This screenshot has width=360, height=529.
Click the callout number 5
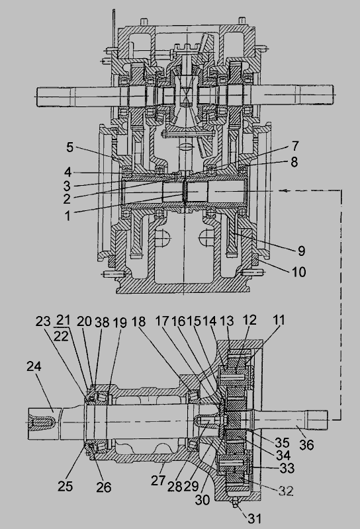(69, 147)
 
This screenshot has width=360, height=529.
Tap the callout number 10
(298, 272)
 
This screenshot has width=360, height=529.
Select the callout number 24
(34, 366)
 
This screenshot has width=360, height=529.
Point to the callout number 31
(255, 518)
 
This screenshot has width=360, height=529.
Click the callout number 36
(306, 444)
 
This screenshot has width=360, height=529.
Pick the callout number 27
(158, 480)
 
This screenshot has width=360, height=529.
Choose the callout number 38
(102, 323)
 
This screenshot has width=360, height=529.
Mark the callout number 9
(302, 251)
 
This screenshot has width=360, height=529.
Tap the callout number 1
(68, 216)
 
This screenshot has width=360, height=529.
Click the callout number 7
(295, 146)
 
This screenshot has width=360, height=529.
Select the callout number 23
(43, 321)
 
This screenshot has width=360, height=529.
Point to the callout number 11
(279, 319)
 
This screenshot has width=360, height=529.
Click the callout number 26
(104, 487)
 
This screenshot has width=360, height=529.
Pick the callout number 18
(138, 321)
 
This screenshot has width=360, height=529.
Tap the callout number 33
(287, 468)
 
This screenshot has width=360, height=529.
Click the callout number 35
(282, 442)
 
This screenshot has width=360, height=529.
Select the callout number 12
(249, 320)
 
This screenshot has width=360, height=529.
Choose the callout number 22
(61, 336)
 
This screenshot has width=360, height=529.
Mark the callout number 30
(202, 500)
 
